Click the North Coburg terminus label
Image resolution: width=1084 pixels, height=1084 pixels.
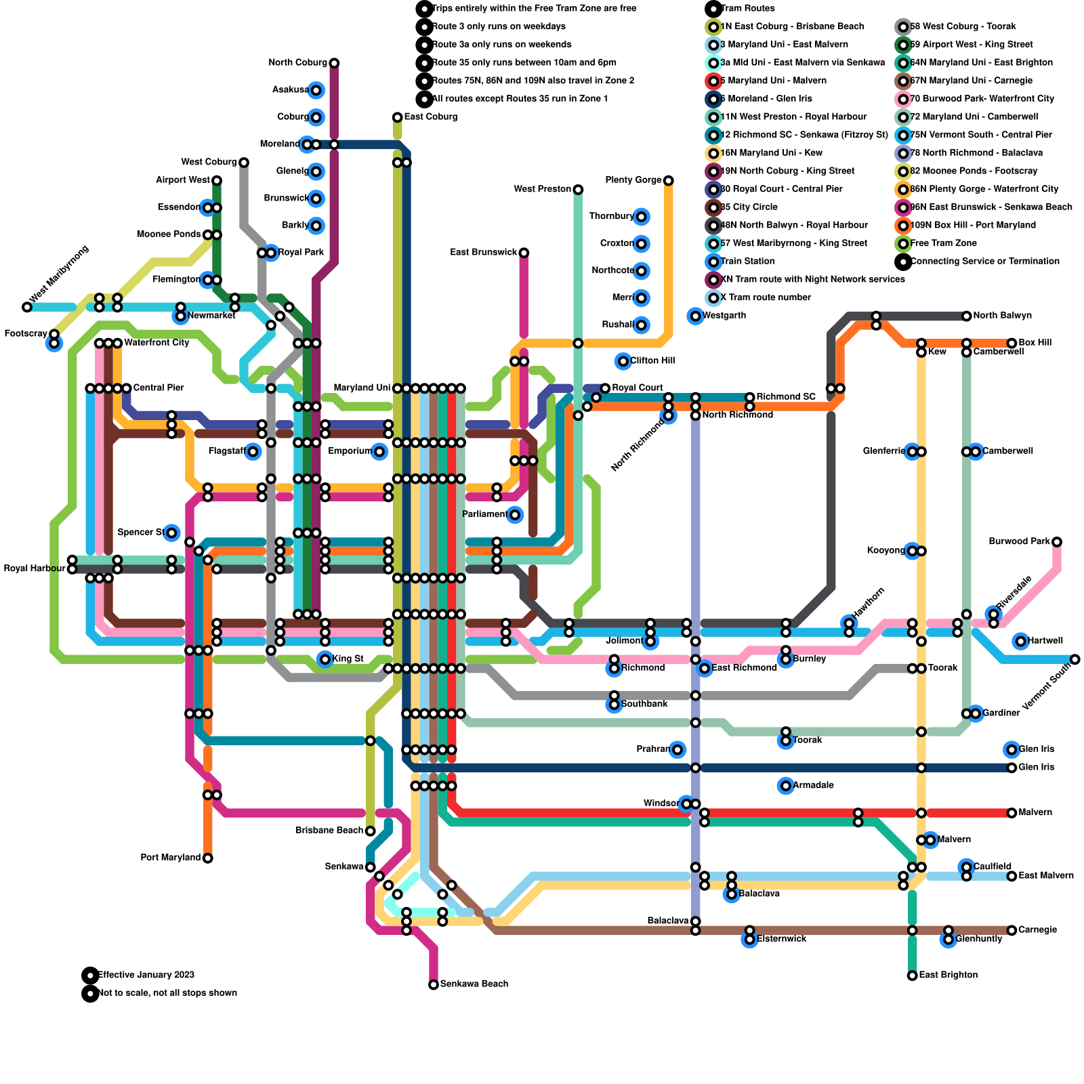point(297,63)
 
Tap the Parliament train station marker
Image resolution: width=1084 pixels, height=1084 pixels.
point(515,515)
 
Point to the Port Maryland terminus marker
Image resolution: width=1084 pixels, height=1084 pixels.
point(208,858)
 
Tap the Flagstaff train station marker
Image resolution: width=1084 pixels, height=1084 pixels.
point(253,452)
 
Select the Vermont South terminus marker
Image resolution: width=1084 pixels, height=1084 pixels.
point(1075,659)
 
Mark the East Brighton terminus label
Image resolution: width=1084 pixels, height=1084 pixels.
point(948,976)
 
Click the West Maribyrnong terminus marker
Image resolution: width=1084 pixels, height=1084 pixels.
point(27,307)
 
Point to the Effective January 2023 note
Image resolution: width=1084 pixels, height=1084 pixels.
point(146,976)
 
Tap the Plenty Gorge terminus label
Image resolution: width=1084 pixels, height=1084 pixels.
point(633,180)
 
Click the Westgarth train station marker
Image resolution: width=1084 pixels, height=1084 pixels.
point(695,316)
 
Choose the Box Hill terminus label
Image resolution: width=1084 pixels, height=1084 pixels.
point(1035,343)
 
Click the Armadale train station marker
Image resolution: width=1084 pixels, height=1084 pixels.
point(786,786)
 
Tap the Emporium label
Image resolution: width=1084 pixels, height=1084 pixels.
point(350,452)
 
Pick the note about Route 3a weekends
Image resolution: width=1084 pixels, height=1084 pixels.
point(501,45)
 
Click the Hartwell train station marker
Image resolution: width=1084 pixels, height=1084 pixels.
point(1021,641)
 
